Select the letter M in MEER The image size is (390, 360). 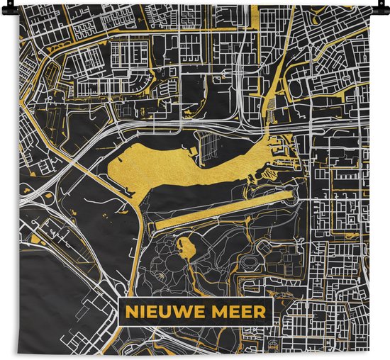click(x=217, y=311)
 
